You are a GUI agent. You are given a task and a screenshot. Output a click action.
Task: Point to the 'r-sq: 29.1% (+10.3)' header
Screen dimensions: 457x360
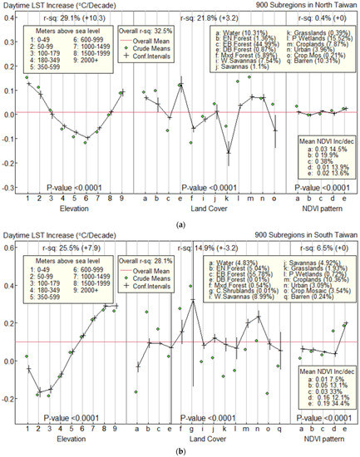tap(60, 16)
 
